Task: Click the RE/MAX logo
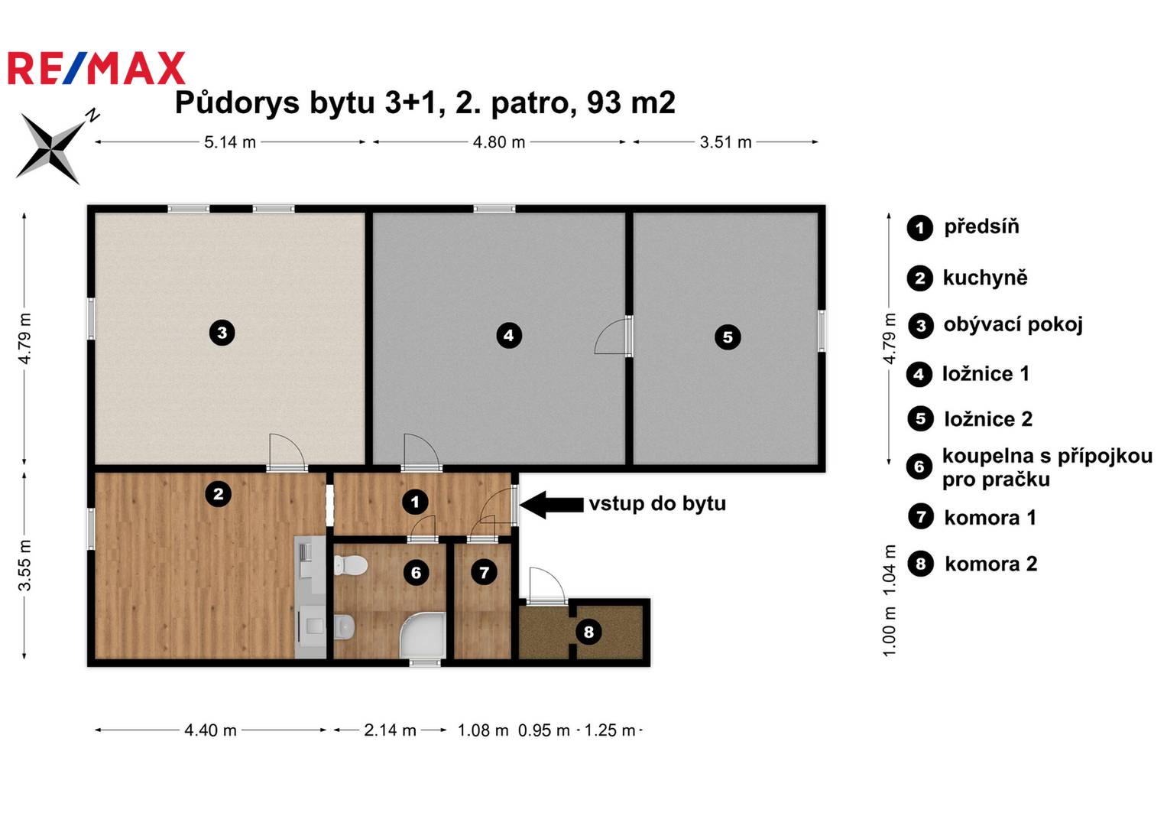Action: coord(96,68)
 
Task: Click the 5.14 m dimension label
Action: coord(230,142)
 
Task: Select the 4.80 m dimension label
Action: coord(498,142)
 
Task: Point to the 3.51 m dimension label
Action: coord(725,142)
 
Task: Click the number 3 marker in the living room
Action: coord(222,333)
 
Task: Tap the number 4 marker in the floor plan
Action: coord(508,335)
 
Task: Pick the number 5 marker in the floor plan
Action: coord(728,337)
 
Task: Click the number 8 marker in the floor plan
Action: coord(588,632)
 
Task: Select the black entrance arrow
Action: coord(551,505)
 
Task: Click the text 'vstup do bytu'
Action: coord(657,504)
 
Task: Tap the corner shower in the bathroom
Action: coord(423,635)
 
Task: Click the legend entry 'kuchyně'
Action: coord(985,278)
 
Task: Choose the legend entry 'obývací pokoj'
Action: coord(1013,325)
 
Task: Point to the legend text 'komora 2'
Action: coord(991,564)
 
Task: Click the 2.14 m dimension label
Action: coord(390,730)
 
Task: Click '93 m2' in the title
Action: coord(631,102)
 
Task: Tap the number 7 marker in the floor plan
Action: coord(484,573)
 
